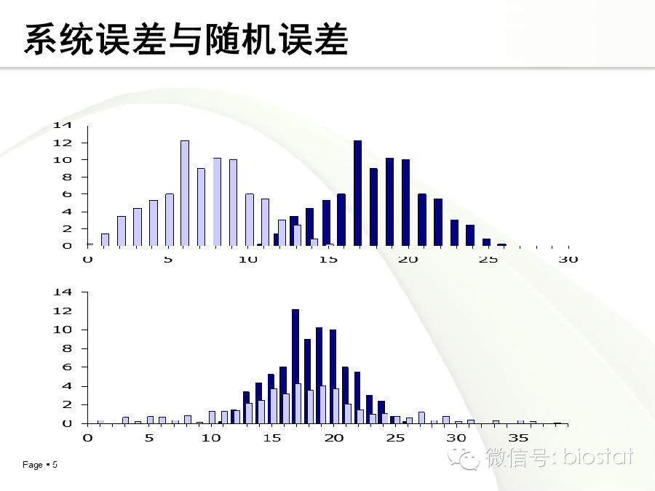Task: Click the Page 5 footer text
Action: point(40,465)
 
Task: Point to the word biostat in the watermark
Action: point(598,456)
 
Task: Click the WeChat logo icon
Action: point(463,458)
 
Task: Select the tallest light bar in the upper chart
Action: point(185,193)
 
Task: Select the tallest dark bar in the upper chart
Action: point(357,193)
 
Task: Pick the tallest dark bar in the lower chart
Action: point(295,367)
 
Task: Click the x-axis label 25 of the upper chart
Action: point(488,260)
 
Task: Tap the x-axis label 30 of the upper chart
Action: point(568,260)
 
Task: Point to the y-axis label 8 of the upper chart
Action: point(67,177)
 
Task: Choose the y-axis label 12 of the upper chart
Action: point(63,143)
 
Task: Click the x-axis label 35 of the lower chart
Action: point(518,438)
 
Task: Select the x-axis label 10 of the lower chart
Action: point(211,438)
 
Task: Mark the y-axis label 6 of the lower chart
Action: point(67,367)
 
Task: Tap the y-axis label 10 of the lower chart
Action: point(63,330)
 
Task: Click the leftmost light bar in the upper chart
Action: point(105,240)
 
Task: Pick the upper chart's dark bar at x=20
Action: point(405,203)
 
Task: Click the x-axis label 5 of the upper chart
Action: point(168,260)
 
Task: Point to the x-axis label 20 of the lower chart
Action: point(334,438)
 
